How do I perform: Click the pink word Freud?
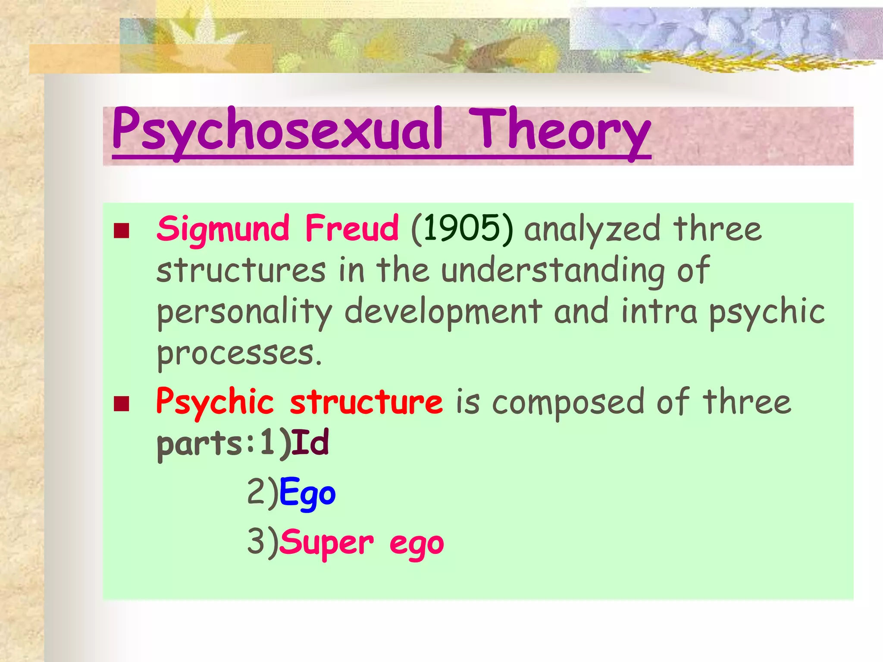(x=351, y=228)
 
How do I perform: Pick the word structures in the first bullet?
(x=241, y=271)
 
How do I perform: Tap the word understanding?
(x=552, y=271)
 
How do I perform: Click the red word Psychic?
(x=215, y=402)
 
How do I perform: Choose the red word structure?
(x=366, y=402)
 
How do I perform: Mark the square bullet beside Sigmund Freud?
(x=122, y=231)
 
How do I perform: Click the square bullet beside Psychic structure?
(x=122, y=404)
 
